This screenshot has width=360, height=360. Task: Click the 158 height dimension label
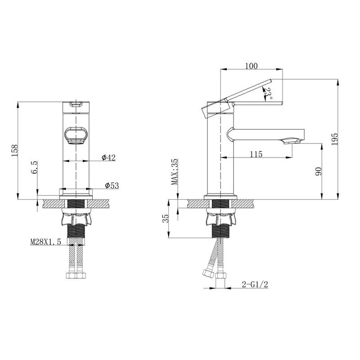(14, 150)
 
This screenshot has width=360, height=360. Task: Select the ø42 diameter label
(108, 157)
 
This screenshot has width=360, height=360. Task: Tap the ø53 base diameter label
(111, 185)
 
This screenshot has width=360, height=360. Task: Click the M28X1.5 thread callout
(45, 242)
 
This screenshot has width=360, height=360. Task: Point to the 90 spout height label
(318, 171)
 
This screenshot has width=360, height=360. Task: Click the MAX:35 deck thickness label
(175, 172)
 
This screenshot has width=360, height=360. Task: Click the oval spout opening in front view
(75, 135)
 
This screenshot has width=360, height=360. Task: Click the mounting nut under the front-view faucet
(76, 218)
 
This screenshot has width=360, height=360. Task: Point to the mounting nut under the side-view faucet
(220, 219)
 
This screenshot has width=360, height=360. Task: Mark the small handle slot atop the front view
(76, 103)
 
